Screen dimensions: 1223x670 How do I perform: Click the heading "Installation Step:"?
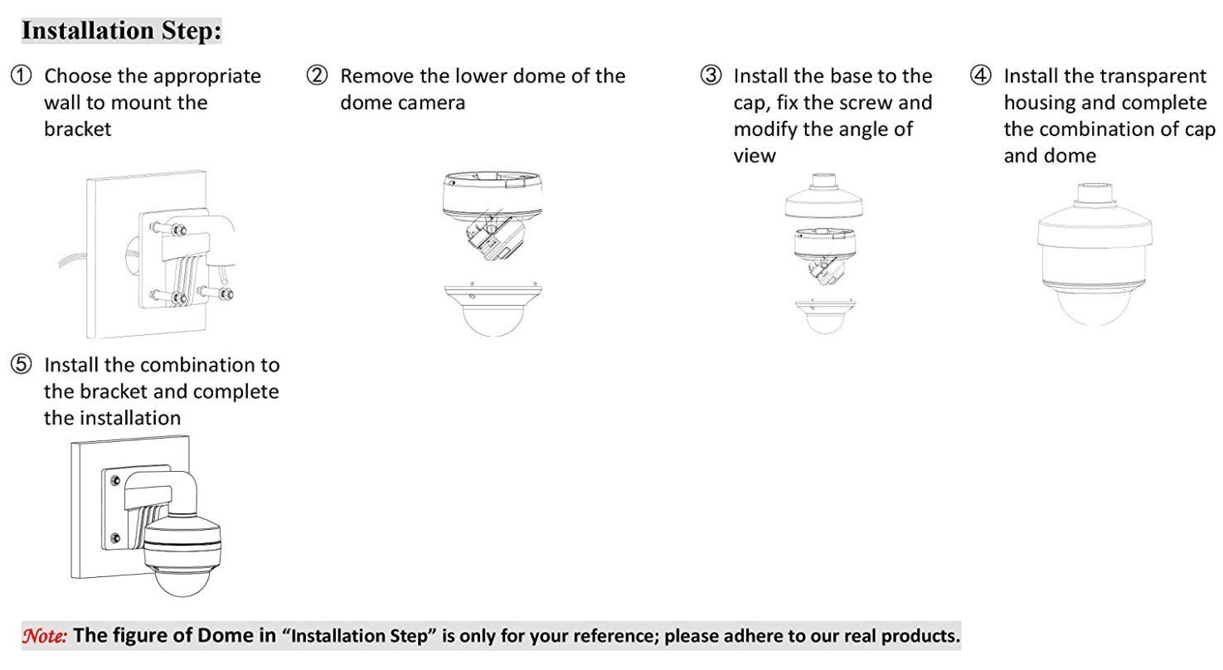click(x=121, y=31)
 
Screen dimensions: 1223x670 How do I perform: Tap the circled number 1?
click(x=22, y=75)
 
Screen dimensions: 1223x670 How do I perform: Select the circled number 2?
click(x=318, y=75)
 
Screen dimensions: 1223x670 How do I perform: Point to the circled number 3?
click(x=711, y=75)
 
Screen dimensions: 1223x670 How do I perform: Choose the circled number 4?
click(x=981, y=75)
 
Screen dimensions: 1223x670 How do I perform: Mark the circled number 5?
click(x=22, y=364)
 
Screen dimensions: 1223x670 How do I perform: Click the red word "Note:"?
click(x=45, y=636)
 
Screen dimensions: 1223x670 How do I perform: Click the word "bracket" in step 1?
click(x=78, y=129)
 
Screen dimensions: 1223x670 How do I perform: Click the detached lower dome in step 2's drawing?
click(x=493, y=308)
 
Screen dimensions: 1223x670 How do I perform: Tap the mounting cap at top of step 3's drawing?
click(x=824, y=197)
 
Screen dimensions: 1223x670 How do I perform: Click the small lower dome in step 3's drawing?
click(x=825, y=316)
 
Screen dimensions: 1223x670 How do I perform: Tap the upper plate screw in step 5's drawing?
click(x=115, y=481)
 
